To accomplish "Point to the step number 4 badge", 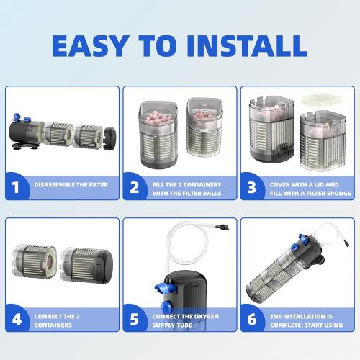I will tap(17, 319).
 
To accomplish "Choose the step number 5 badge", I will tap(135, 319).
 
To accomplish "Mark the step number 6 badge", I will tap(252, 319).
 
